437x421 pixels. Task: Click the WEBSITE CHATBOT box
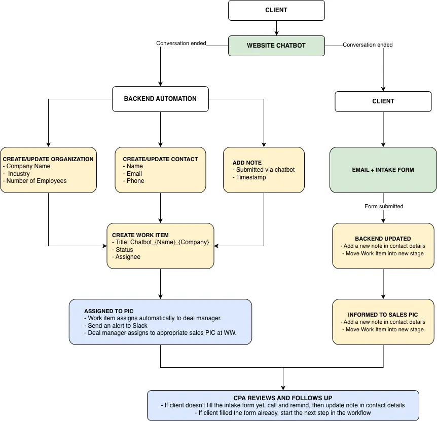(x=276, y=46)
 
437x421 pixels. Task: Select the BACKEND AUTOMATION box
(x=160, y=99)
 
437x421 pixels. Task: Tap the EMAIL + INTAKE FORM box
(x=383, y=170)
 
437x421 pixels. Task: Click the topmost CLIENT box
(x=276, y=10)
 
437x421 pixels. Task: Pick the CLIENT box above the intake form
(x=383, y=101)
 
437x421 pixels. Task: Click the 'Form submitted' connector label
(x=384, y=206)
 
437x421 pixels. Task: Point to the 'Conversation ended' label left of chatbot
(x=181, y=43)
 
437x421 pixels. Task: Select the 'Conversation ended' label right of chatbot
(x=368, y=45)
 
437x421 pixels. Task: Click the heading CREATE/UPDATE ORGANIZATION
(x=48, y=159)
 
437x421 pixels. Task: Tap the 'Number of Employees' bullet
(x=35, y=181)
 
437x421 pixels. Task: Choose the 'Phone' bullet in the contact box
(x=133, y=181)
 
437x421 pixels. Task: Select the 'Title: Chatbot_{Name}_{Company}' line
(x=161, y=242)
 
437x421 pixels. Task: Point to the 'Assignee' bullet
(x=126, y=257)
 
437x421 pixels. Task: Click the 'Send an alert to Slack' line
(x=116, y=326)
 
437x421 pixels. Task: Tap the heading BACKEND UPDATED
(x=383, y=239)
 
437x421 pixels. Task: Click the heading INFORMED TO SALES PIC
(x=383, y=315)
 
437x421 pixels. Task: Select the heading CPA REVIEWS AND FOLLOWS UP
(x=283, y=398)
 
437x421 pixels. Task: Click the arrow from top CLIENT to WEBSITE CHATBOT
(x=276, y=28)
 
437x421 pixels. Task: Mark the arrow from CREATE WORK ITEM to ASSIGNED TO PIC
(x=160, y=284)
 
